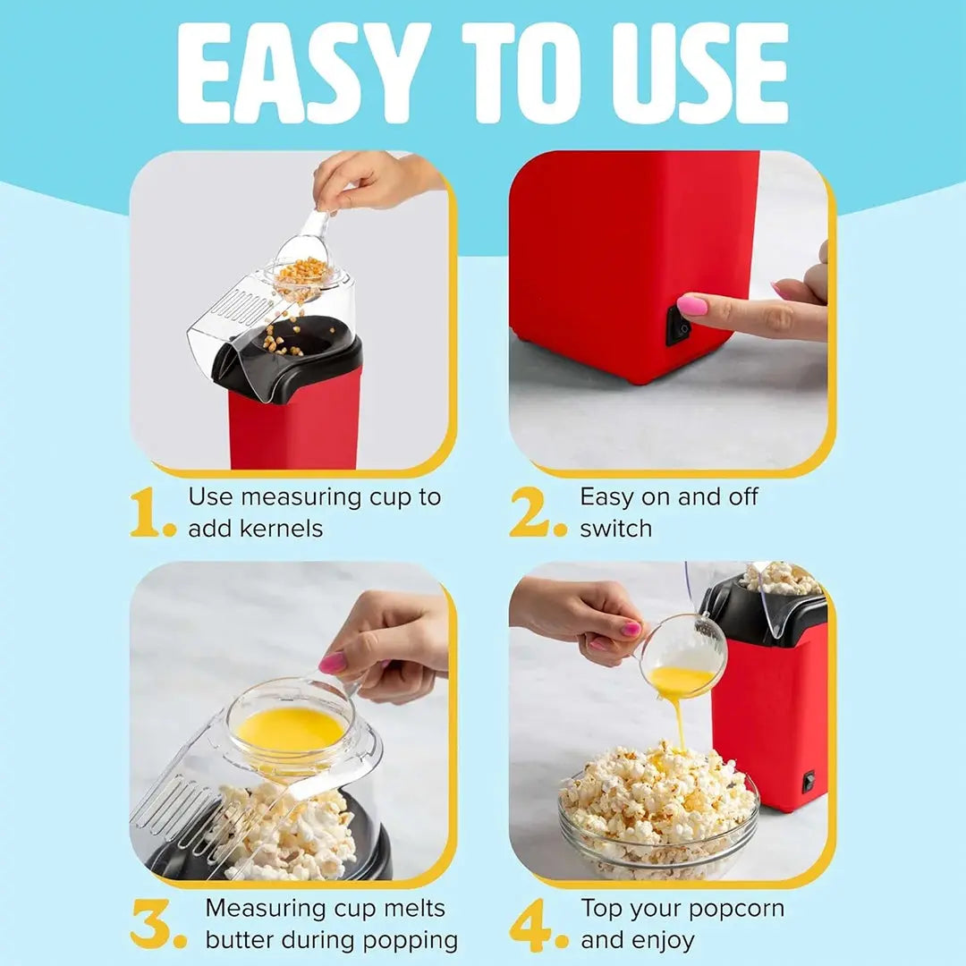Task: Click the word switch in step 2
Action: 615,529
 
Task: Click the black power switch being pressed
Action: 678,326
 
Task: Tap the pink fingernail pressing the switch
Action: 692,306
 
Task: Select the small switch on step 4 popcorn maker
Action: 809,782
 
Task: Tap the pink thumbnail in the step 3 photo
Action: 333,663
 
